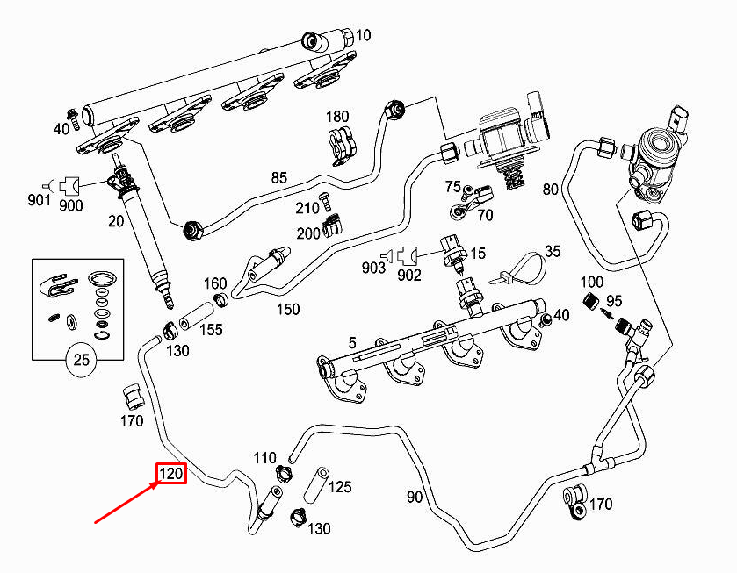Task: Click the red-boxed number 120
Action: coord(170,475)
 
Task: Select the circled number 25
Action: coord(82,360)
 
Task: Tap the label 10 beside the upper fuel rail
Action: coord(363,35)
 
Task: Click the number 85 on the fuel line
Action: coord(278,179)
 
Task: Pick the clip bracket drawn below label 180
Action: coord(339,145)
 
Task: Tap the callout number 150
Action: coord(287,309)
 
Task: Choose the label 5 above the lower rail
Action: coord(351,343)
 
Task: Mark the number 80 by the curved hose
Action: coord(550,189)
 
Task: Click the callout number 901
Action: coord(39,201)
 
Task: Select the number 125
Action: coord(340,486)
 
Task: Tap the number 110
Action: coord(264,458)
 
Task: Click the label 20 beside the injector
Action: coord(116,221)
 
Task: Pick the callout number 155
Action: coord(210,330)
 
